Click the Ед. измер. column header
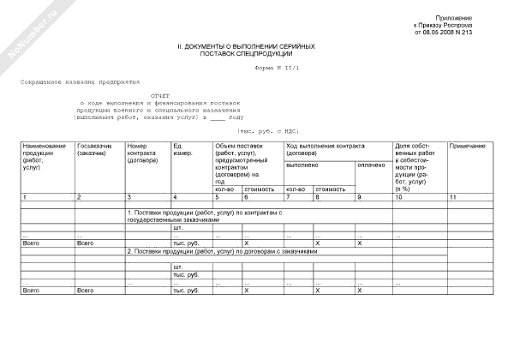[x=182, y=150]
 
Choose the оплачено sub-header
[x=371, y=164]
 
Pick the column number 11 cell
[x=452, y=198]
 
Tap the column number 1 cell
[x=25, y=198]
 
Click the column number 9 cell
[x=358, y=198]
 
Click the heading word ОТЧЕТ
[x=160, y=97]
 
